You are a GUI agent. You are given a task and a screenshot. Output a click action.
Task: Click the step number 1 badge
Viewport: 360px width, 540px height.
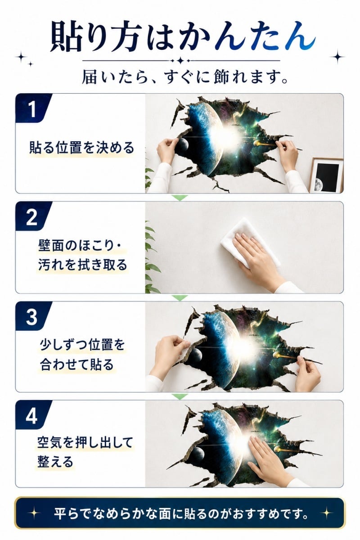(32, 108)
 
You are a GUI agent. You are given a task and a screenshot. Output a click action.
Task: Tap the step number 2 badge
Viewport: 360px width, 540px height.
(32, 216)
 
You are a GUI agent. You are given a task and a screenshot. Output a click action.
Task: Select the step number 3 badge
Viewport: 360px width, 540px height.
(32, 316)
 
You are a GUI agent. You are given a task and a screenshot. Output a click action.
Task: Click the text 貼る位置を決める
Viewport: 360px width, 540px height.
(81, 148)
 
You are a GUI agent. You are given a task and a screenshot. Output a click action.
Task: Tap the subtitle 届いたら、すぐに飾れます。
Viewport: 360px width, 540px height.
(185, 77)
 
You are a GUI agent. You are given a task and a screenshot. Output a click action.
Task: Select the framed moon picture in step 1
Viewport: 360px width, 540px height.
(326, 175)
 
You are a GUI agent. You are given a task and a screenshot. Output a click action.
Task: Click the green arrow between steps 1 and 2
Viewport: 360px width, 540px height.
(180, 198)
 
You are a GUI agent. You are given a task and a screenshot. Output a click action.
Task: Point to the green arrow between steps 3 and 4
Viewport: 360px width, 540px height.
(180, 396)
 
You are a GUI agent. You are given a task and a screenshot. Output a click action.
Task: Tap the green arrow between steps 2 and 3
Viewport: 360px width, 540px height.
(180, 298)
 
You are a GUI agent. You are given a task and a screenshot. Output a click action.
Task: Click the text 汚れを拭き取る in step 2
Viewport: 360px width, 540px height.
(83, 265)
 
